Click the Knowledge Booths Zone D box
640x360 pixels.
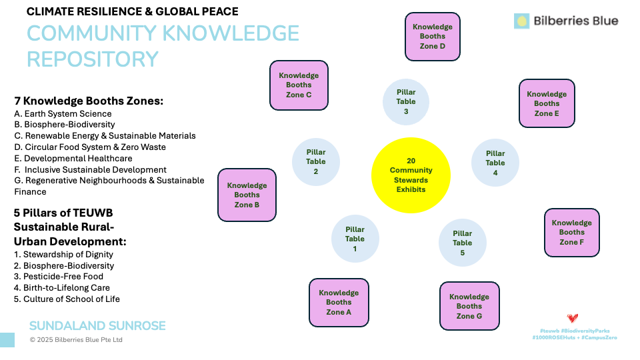433,37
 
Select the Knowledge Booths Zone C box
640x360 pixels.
299,85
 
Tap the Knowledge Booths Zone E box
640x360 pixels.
547,103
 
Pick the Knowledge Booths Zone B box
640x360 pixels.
247,195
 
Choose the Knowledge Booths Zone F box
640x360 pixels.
571,232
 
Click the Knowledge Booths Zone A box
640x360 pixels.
339,302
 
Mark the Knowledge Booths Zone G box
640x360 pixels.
469,306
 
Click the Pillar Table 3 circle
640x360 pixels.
406,102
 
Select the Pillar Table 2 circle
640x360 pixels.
316,162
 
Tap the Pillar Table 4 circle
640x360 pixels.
495,163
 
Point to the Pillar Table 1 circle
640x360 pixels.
355,239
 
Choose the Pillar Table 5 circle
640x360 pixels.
462,243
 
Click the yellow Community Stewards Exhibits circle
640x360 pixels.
411,175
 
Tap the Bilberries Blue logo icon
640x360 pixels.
521,21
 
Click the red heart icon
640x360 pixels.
572,319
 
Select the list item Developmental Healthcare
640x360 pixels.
73,159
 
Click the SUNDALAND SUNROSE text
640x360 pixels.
97,326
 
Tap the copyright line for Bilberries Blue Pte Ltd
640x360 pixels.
76,340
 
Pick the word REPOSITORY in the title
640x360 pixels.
92,59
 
